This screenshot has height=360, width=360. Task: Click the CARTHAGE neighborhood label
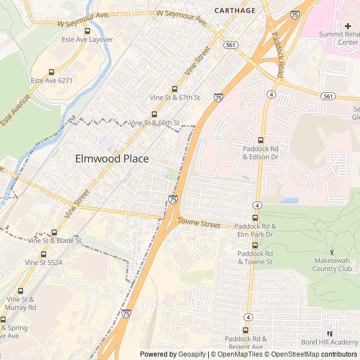[235, 11]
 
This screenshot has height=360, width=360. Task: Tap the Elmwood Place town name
[112, 159]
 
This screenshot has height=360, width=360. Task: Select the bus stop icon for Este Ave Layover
[87, 31]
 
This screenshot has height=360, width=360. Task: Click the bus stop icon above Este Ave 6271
[52, 72]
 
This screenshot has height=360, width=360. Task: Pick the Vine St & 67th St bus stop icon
[174, 89]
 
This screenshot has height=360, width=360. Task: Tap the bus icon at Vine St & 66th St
[154, 114]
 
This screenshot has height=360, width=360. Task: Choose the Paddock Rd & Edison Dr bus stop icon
[260, 140]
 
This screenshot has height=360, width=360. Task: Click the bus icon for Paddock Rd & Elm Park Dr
[255, 218]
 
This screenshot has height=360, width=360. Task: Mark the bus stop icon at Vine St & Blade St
[54, 232]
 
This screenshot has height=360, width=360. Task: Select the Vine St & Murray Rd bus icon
[21, 291]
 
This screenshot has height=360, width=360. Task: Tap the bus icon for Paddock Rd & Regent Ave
[245, 330]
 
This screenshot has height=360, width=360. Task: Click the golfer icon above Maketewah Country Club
[331, 251]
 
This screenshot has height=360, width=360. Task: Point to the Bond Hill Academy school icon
[330, 334]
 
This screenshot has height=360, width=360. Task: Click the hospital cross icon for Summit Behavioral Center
[348, 26]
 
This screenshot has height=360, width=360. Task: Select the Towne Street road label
[199, 223]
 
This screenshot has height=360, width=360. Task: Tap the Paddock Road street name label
[282, 48]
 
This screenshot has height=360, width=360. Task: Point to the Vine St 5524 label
[43, 262]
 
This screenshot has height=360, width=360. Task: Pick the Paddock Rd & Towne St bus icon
[255, 245]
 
